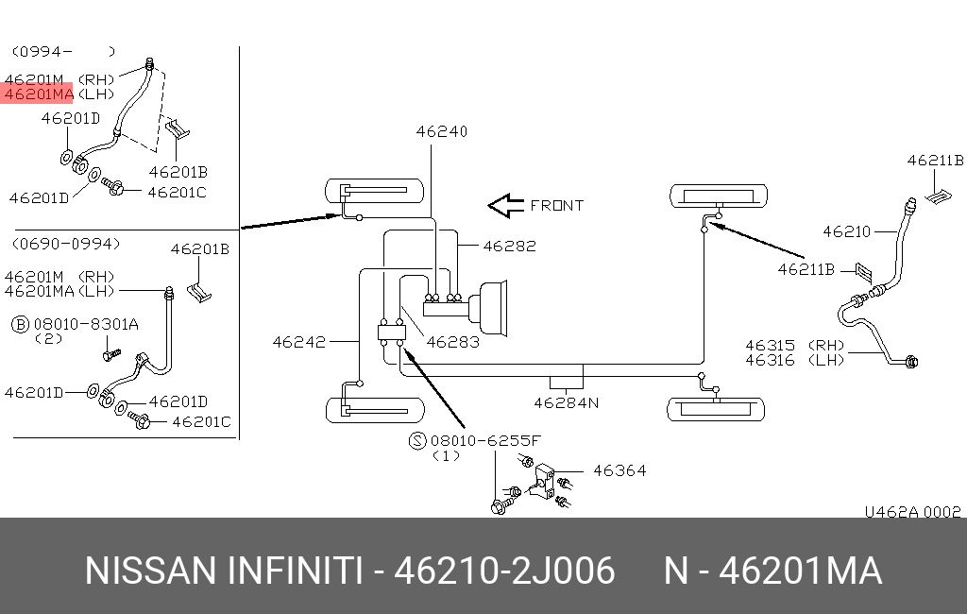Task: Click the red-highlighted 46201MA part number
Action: pyautogui.click(x=39, y=94)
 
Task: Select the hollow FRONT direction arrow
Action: pyautogui.click(x=504, y=205)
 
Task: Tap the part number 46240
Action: pyautogui.click(x=442, y=132)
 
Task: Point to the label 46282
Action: pyautogui.click(x=509, y=247)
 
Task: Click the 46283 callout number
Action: pyautogui.click(x=452, y=342)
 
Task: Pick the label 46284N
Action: pyautogui.click(x=566, y=402)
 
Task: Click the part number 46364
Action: pyautogui.click(x=619, y=469)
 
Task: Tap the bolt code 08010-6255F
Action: pyautogui.click(x=486, y=440)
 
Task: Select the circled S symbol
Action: pyautogui.click(x=416, y=440)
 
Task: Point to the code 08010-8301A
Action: pyautogui.click(x=86, y=324)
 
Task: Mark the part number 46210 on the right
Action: pyautogui.click(x=848, y=230)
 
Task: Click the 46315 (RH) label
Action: pyautogui.click(x=783, y=346)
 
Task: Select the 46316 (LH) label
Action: pyautogui.click(x=783, y=360)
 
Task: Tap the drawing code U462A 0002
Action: pyautogui.click(x=912, y=512)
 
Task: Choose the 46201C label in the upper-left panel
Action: pyautogui.click(x=177, y=193)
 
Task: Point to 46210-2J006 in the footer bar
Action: pyautogui.click(x=504, y=571)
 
